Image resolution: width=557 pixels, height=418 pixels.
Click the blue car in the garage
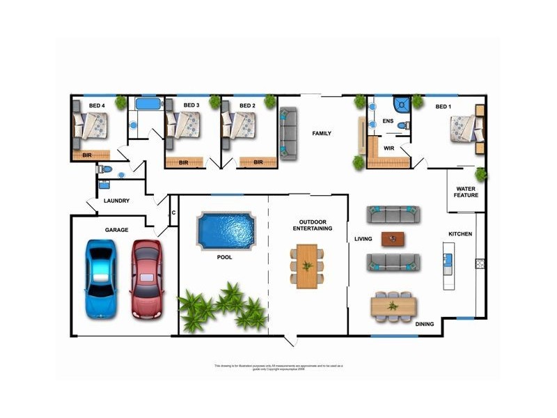coord(100,279)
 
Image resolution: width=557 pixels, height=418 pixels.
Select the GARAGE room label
coord(116,229)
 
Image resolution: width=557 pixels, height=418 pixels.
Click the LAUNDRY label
coord(117,201)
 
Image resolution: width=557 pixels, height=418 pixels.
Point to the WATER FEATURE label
coord(466,192)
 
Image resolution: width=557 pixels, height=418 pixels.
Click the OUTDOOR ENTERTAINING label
coord(311,225)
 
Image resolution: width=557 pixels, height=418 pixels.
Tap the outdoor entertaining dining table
coord(307,265)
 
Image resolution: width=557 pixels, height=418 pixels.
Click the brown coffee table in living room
coord(393,238)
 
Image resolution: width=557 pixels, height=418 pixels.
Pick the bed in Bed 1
coord(464,129)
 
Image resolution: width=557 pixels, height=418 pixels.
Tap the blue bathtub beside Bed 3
coord(147,104)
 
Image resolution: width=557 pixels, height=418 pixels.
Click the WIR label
coord(389,148)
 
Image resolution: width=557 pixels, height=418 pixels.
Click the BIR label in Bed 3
coord(184,162)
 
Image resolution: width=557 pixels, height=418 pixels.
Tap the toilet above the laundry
coord(104,169)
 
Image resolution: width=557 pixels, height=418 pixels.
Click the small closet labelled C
coord(173,212)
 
